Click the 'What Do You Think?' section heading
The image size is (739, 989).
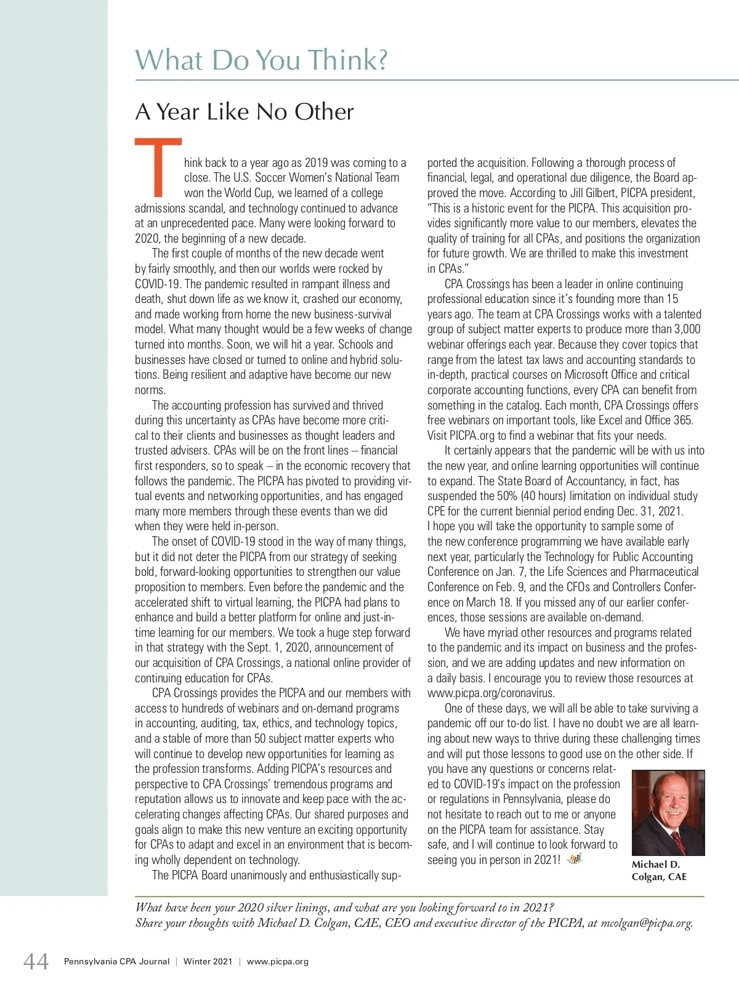pyautogui.click(x=261, y=60)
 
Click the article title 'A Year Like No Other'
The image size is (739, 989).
pyautogui.click(x=244, y=112)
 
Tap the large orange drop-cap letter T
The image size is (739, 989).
pyautogui.click(x=158, y=165)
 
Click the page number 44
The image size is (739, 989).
pyautogui.click(x=36, y=961)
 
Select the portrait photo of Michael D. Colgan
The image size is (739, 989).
pyautogui.click(x=668, y=813)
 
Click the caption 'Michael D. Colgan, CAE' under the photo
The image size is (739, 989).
pyautogui.click(x=658, y=871)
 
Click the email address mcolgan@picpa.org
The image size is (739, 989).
pyautogui.click(x=646, y=922)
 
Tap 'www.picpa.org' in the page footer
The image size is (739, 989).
pyautogui.click(x=278, y=961)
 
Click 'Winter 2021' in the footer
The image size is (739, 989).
pyautogui.click(x=208, y=961)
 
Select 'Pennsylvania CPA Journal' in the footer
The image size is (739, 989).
pyautogui.click(x=116, y=961)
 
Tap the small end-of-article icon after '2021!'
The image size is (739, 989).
pyautogui.click(x=574, y=859)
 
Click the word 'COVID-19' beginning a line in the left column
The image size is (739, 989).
pyautogui.click(x=158, y=285)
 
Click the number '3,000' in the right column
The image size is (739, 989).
pyautogui.click(x=687, y=329)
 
